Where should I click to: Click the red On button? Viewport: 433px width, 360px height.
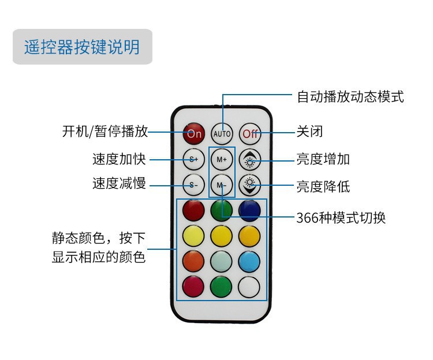[x=193, y=133]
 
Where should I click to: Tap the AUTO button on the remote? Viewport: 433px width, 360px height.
[x=222, y=133]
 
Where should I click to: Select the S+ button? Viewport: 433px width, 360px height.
[x=193, y=159]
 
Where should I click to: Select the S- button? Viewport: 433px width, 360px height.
[x=193, y=185]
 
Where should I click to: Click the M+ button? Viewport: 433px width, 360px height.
[x=222, y=159]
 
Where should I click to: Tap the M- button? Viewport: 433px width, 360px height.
[x=222, y=185]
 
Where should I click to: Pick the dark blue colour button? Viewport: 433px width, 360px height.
[x=249, y=209]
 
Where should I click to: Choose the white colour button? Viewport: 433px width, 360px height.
[x=249, y=286]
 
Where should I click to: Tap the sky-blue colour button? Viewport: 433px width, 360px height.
[x=249, y=261]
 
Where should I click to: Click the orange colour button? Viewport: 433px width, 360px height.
[x=193, y=261]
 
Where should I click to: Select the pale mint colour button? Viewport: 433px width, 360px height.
[x=222, y=261]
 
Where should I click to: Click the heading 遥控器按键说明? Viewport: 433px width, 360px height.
[x=82, y=46]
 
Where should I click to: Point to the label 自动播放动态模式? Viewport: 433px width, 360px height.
[x=350, y=96]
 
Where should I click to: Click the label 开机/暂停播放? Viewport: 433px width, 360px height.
[x=104, y=132]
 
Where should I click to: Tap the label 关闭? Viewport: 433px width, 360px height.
[x=309, y=132]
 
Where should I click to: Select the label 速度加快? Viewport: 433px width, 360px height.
[x=119, y=159]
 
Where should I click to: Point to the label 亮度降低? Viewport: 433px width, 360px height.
[x=323, y=186]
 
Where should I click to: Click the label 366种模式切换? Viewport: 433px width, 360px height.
[x=341, y=217]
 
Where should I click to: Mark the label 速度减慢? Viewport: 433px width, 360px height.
[x=119, y=184]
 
